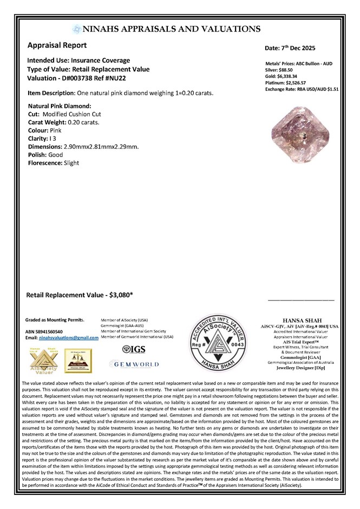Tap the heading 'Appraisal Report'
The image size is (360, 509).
coord(57,45)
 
